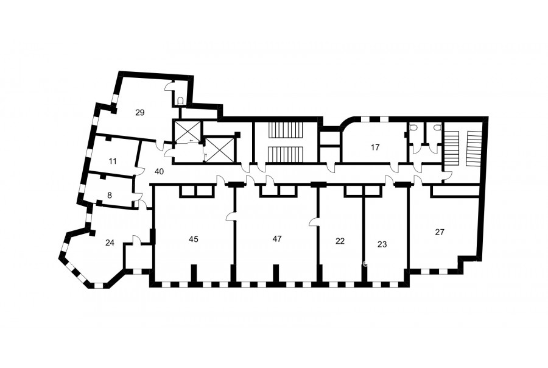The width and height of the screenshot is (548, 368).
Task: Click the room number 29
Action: coord(140,113)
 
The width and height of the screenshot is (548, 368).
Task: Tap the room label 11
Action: coord(113,161)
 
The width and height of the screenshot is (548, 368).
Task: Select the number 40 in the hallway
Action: coord(159,172)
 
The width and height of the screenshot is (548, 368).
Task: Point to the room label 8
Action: coord(110,195)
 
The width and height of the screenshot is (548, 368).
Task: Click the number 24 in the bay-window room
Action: coord(110,242)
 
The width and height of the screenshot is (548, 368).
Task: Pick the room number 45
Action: coord(193,239)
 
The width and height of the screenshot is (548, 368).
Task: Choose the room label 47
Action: coord(277,239)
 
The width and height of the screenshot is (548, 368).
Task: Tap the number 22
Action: coord(340,241)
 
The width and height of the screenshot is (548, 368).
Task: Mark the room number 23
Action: coord(382,244)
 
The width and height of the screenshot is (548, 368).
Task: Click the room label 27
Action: coord(440,232)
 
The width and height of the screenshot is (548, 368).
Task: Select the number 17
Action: coord(375,147)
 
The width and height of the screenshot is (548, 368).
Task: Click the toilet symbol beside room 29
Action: coord(180,101)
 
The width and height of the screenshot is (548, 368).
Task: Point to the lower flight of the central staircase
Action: coord(286,155)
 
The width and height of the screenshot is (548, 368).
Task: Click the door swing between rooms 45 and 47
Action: coord(231,216)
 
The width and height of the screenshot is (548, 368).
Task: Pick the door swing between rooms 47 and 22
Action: coord(314,222)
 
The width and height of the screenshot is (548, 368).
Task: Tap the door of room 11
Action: coord(139,171)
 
